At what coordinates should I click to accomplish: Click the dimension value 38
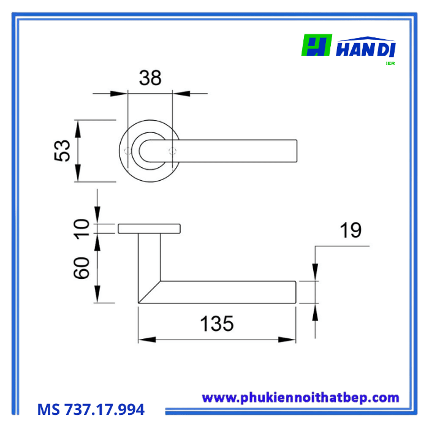tap(150, 78)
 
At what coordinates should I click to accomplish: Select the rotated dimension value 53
tap(63, 151)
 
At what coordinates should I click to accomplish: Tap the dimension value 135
tap(217, 324)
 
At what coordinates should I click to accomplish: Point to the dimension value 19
tap(351, 230)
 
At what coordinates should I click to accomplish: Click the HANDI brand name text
tap(367, 48)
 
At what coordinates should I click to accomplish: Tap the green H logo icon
tap(316, 45)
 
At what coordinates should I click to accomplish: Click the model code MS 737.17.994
tap(91, 409)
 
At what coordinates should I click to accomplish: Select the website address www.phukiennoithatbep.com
tap(300, 398)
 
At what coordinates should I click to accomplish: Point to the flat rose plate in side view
tap(149, 229)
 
